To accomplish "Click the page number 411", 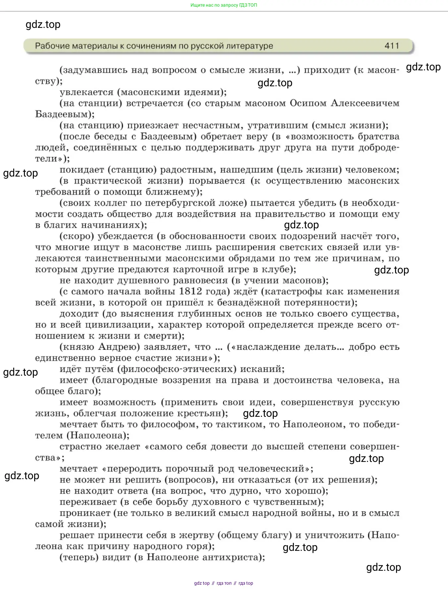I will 392,46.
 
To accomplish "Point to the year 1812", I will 190,291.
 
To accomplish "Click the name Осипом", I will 308,103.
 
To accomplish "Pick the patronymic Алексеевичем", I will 365,103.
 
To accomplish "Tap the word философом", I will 175,424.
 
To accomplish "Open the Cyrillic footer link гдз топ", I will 224,583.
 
